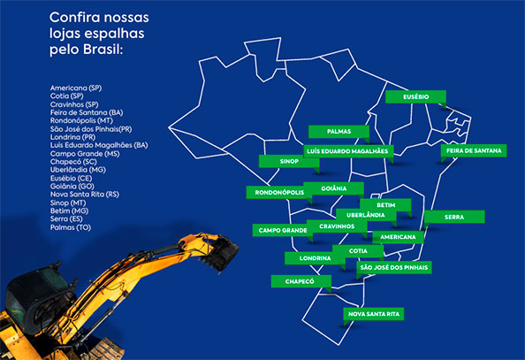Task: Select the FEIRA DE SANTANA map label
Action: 473,151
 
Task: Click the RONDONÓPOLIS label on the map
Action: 278,192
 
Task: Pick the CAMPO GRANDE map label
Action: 282,230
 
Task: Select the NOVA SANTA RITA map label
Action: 373,313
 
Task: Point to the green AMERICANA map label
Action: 397,237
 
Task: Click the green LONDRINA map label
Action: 316,258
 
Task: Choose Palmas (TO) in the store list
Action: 72,227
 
